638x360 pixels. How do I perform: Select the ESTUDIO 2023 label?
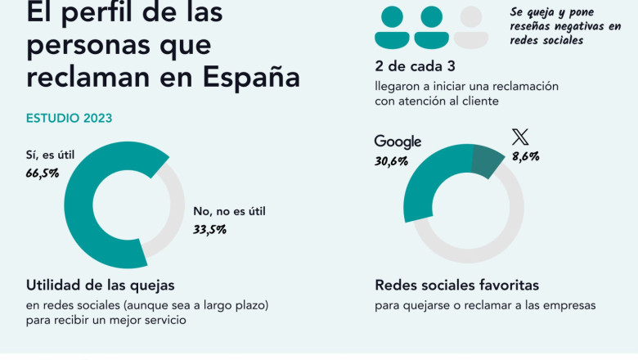(70, 118)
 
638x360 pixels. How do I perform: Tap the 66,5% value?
(43, 173)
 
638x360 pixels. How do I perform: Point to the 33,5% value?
(209, 229)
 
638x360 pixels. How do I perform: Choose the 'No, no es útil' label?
(230, 211)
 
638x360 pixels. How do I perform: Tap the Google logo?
(398, 142)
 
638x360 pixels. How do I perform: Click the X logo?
(519, 137)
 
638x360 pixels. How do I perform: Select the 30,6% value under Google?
(392, 161)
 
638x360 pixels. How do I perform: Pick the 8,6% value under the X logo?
(526, 156)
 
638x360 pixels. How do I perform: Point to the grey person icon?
(470, 28)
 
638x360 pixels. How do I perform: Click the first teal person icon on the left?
(392, 28)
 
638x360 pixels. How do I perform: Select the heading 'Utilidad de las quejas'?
(101, 286)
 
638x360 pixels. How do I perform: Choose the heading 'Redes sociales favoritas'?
(456, 286)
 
